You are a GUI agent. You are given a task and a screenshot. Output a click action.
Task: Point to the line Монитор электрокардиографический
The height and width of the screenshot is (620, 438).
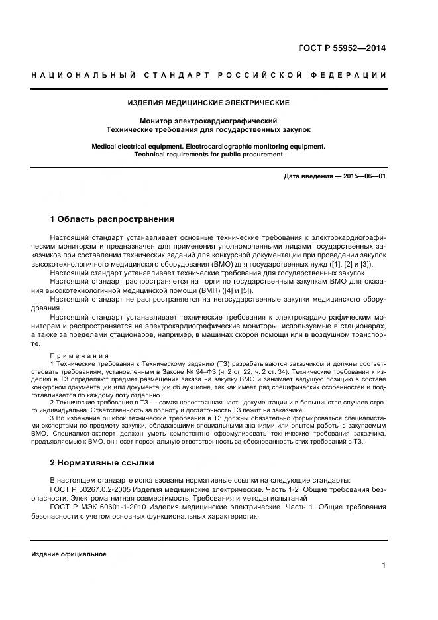[x=208, y=121]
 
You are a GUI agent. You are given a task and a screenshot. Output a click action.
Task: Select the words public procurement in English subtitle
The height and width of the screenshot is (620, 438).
[x=254, y=154]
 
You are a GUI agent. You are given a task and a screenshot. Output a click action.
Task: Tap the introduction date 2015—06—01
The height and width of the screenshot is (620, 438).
[x=364, y=176]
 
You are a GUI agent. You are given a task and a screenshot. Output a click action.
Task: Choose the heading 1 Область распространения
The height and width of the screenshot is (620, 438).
[x=112, y=219]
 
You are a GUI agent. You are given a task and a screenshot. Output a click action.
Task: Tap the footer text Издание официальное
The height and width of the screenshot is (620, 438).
[x=69, y=554]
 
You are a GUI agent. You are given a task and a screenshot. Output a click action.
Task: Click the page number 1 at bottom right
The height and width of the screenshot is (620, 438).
[x=384, y=566]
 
